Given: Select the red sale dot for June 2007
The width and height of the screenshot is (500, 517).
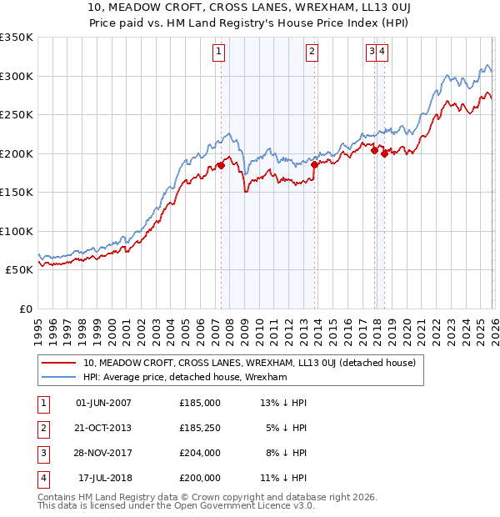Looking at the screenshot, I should (x=221, y=165).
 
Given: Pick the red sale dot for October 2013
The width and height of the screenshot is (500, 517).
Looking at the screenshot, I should (x=314, y=165).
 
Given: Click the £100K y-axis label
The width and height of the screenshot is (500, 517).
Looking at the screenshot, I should (x=17, y=231).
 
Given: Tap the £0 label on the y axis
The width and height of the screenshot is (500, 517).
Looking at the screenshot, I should (x=25, y=309).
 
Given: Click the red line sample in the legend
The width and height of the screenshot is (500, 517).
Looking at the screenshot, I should (x=59, y=363).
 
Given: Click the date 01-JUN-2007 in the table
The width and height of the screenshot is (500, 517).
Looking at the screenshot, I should (x=103, y=403).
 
